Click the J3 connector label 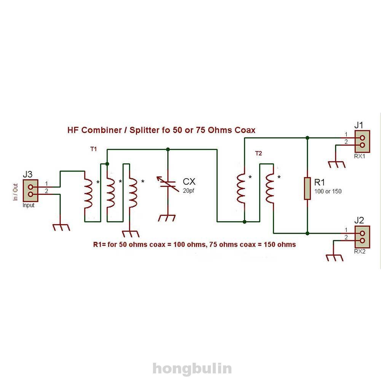point(27,175)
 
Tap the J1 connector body point(362,141)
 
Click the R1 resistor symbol point(308,188)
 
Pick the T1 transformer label point(94,150)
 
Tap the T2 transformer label point(258,153)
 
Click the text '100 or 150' point(328,191)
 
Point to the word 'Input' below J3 point(29,206)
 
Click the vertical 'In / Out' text point(16,192)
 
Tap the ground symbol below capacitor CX point(167,218)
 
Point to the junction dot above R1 point(308,137)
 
